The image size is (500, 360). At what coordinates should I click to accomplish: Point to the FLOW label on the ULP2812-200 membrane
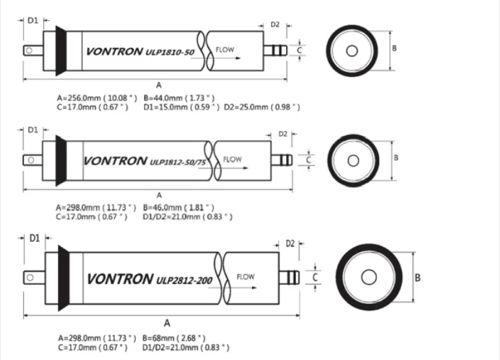click(245, 276)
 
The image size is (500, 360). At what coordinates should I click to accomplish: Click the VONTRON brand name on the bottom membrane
click(120, 278)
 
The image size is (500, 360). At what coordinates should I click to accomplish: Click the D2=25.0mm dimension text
click(261, 107)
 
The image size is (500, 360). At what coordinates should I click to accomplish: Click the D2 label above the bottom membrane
click(290, 244)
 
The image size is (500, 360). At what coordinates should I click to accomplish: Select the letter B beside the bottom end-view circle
click(418, 277)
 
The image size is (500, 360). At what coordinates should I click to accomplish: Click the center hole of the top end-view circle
click(353, 51)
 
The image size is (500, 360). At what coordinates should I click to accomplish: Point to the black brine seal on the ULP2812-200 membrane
click(64, 277)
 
